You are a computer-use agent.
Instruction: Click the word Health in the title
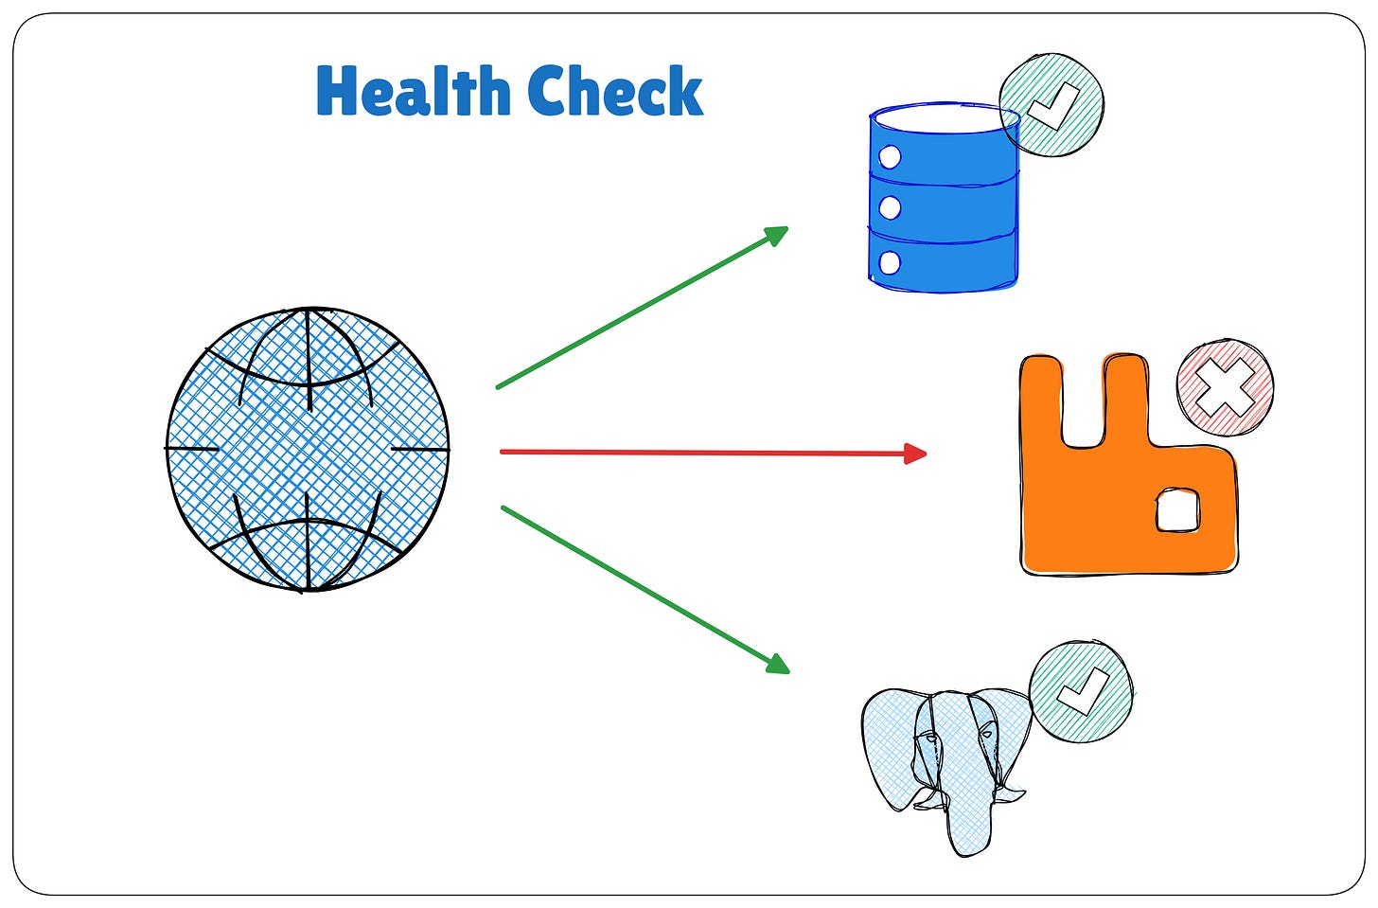click(412, 92)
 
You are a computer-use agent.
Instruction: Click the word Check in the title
click(615, 92)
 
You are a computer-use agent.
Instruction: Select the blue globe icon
click(308, 449)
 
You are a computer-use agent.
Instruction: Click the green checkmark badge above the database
click(1052, 104)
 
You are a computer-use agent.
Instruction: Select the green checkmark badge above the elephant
click(1081, 690)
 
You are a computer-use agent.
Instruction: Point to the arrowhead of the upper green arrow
click(778, 233)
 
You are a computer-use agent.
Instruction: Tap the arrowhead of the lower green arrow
click(778, 665)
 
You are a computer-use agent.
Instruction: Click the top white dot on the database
click(890, 157)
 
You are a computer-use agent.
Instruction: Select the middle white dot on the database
click(890, 207)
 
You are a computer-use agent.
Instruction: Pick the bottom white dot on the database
click(890, 261)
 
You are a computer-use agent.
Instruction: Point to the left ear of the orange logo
click(1042, 398)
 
